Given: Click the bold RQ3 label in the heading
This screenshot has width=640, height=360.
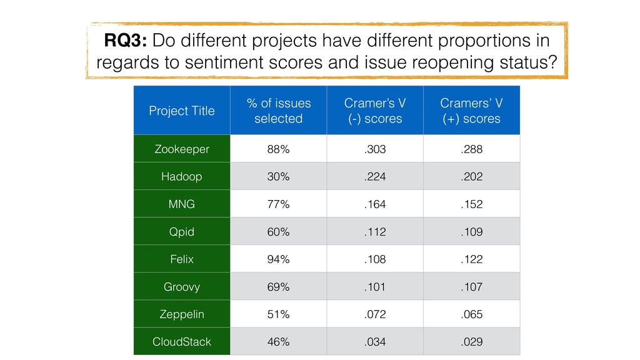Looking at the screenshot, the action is tap(125, 41).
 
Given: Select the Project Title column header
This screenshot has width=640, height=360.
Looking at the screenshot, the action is tap(182, 111).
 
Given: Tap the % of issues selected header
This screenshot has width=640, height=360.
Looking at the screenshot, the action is tap(279, 111).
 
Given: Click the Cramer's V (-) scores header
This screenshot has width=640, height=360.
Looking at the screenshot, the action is tap(375, 111).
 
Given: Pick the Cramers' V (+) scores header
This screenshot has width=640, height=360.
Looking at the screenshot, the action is tap(471, 111).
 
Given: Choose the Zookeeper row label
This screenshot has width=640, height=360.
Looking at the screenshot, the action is tap(182, 149).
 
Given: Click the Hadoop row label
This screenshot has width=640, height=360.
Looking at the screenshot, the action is tap(182, 177).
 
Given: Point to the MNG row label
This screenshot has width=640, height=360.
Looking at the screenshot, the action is tap(182, 204).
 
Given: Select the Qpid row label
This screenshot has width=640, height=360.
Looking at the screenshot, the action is tap(182, 232).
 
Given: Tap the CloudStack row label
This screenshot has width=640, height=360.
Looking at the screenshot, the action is tap(182, 342).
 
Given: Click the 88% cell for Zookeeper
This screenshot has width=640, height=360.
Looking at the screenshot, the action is tap(278, 149).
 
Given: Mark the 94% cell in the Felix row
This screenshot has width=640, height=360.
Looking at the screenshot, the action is tap(278, 259).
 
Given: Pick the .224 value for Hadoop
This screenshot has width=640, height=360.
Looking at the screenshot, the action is tap(375, 177).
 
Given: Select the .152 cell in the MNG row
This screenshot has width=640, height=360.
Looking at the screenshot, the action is tap(471, 204).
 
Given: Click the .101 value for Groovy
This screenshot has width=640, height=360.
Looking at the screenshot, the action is tap(375, 287).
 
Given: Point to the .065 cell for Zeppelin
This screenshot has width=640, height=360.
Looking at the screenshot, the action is tap(471, 314).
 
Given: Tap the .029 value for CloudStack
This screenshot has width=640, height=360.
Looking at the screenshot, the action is tap(471, 342).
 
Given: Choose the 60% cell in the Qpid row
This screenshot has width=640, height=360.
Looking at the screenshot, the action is tap(278, 232).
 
